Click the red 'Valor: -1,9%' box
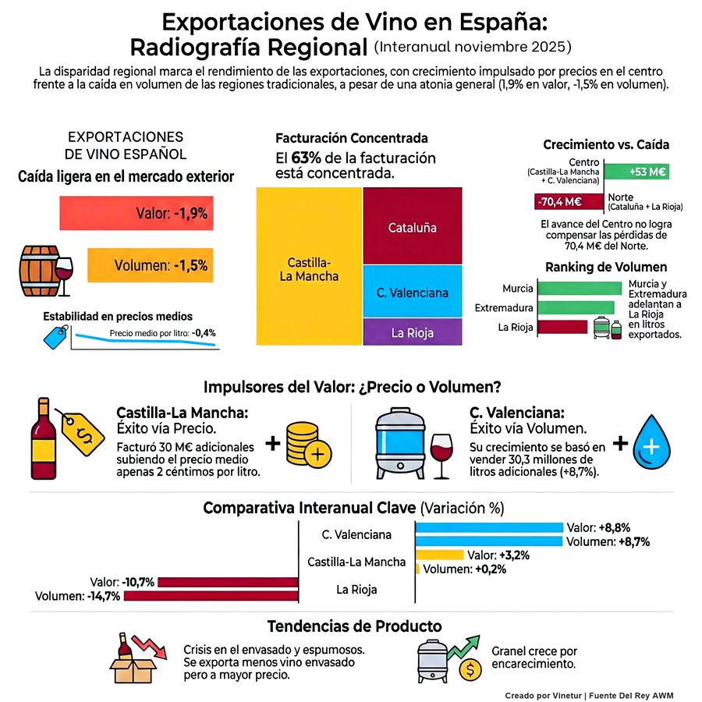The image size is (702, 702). point(137,213)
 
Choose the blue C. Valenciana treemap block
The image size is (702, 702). point(412,292)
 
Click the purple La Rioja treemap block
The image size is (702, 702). point(412,332)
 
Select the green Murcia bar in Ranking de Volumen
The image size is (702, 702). point(579,288)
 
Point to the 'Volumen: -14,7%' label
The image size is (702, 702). point(77,597)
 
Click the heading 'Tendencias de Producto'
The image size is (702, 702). point(354,626)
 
